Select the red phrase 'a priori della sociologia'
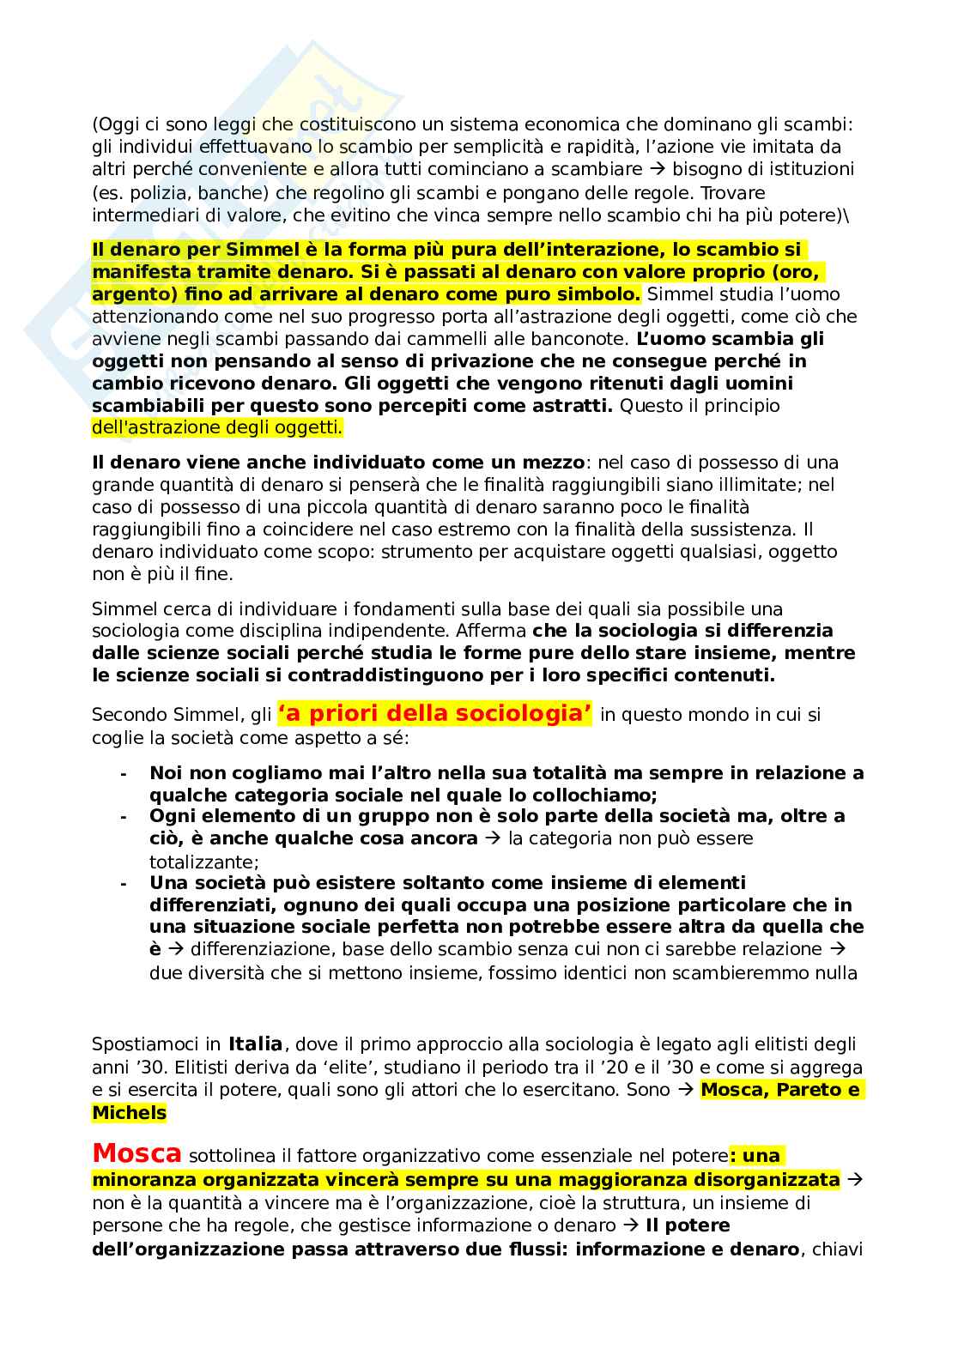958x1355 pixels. pyautogui.click(x=434, y=713)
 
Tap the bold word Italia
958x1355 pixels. pyautogui.click(x=255, y=1044)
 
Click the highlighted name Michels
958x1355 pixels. pyautogui.click(x=129, y=1113)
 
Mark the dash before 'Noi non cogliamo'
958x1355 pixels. pyautogui.click(x=124, y=773)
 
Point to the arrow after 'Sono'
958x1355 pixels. pyautogui.click(x=686, y=1091)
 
